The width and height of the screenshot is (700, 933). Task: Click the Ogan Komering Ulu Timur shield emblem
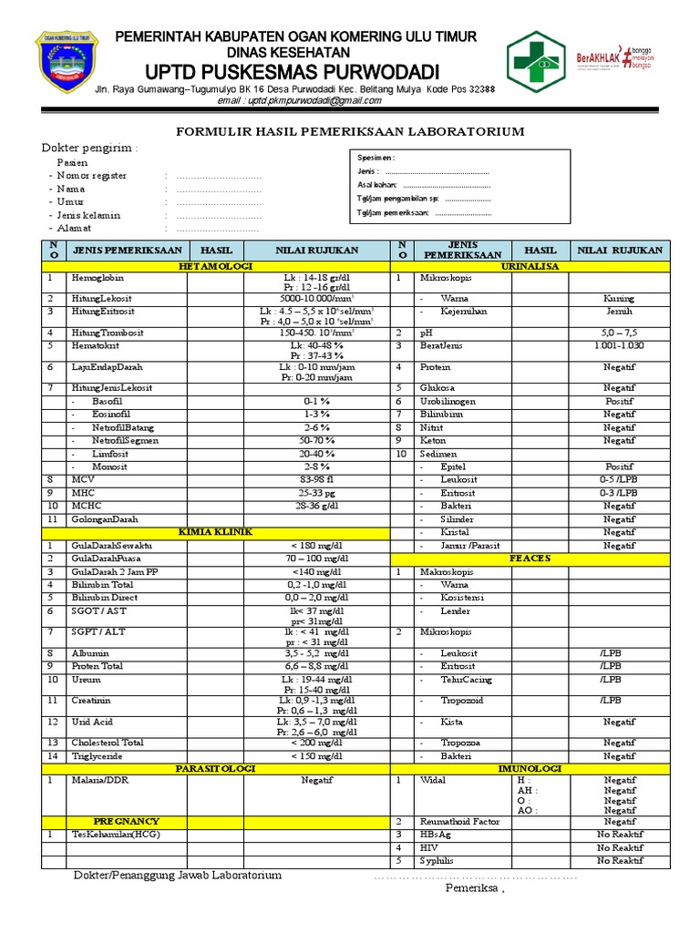coord(63,60)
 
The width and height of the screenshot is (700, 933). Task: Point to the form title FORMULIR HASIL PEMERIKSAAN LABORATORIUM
coord(350,132)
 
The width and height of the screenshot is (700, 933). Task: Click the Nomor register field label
coord(91,176)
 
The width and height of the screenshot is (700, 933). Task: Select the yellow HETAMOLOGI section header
coord(215,266)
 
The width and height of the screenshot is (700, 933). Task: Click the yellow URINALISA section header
coord(530,266)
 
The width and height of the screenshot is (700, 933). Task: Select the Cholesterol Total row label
coord(108,743)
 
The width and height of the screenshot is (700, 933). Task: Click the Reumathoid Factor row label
coord(459,821)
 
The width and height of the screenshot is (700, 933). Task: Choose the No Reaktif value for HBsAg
coord(620,835)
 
